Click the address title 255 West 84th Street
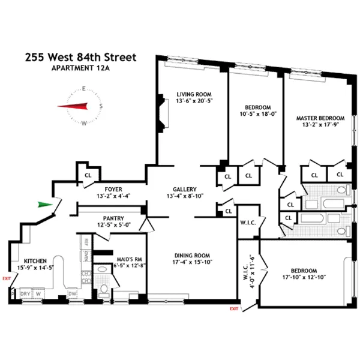(x=80, y=58)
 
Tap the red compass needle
(x=73, y=106)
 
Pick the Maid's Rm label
(x=125, y=253)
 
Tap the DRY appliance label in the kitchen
(x=26, y=293)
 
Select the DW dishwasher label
(x=72, y=293)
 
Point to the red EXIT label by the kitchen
(x=7, y=278)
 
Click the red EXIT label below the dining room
(x=234, y=308)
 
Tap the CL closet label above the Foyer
(x=88, y=176)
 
